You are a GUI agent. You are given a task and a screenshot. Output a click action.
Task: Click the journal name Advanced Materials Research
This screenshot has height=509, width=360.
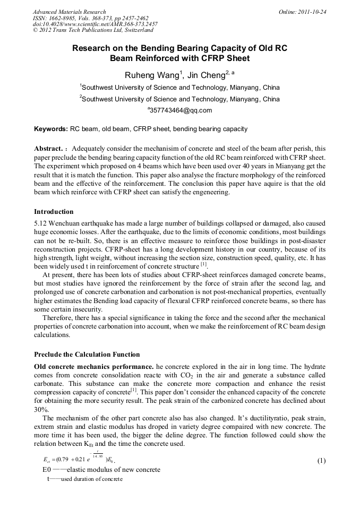pos(70,12)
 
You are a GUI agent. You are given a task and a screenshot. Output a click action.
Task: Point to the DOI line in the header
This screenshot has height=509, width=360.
pos(95,24)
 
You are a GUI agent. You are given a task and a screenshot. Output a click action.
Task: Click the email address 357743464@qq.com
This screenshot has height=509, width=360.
pos(181,110)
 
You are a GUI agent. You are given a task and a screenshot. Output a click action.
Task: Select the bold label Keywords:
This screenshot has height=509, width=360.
pos(51,129)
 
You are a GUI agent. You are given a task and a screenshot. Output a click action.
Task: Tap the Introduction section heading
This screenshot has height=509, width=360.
pos(54,211)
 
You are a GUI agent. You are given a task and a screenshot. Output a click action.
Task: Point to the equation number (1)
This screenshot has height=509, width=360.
pos(321,461)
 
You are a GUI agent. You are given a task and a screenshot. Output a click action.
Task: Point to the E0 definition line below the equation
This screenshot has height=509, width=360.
pos(101,470)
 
